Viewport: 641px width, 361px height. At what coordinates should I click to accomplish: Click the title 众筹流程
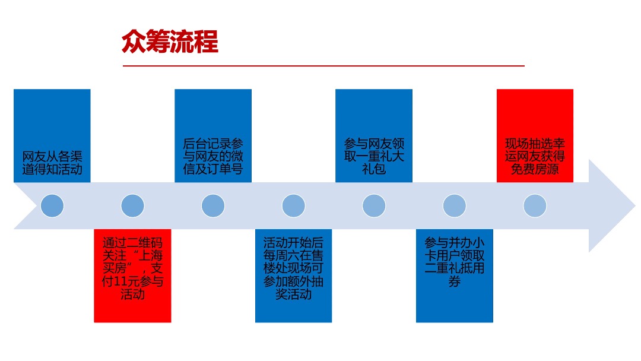coord(170,43)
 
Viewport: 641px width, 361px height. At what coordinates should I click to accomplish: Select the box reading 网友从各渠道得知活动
coord(52,135)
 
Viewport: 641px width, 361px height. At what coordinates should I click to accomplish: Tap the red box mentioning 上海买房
coord(132,275)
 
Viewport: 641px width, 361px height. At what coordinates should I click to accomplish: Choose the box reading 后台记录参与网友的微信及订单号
coord(213,135)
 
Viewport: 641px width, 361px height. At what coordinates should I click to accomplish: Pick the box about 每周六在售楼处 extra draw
coord(294,275)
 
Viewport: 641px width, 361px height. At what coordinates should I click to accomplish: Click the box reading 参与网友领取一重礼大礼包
coord(374,135)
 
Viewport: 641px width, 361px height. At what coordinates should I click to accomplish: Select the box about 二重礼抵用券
coord(455,275)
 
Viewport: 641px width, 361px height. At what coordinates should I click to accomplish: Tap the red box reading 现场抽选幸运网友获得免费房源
coord(535,135)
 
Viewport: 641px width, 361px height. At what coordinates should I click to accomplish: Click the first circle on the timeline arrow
coord(52,205)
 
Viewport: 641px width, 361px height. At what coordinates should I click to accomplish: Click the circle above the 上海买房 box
coord(132,205)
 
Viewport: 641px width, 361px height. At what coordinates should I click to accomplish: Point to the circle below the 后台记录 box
coord(213,205)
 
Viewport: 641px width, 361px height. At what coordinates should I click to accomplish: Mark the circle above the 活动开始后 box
coord(294,205)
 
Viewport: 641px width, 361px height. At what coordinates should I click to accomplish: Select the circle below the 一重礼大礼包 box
coord(374,205)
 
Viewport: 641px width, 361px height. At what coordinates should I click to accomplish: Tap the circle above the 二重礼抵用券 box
coord(455,205)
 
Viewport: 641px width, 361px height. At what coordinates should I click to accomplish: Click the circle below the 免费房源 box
coord(535,205)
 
